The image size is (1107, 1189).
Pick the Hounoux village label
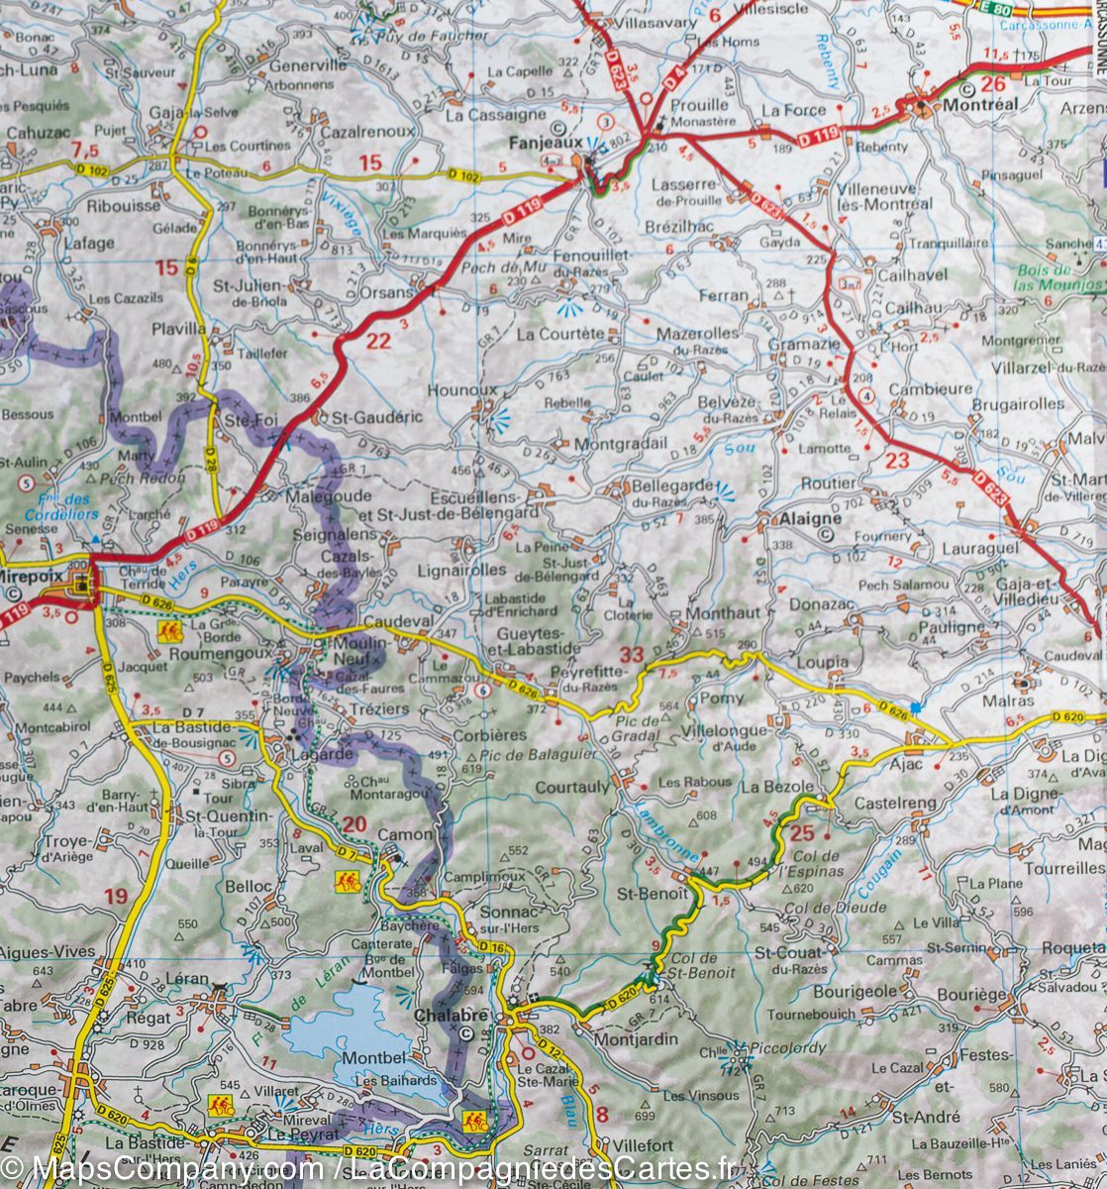[460, 391]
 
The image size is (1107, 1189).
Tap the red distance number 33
[631, 654]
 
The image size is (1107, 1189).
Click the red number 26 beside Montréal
[993, 84]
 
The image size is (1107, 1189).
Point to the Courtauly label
[571, 787]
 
